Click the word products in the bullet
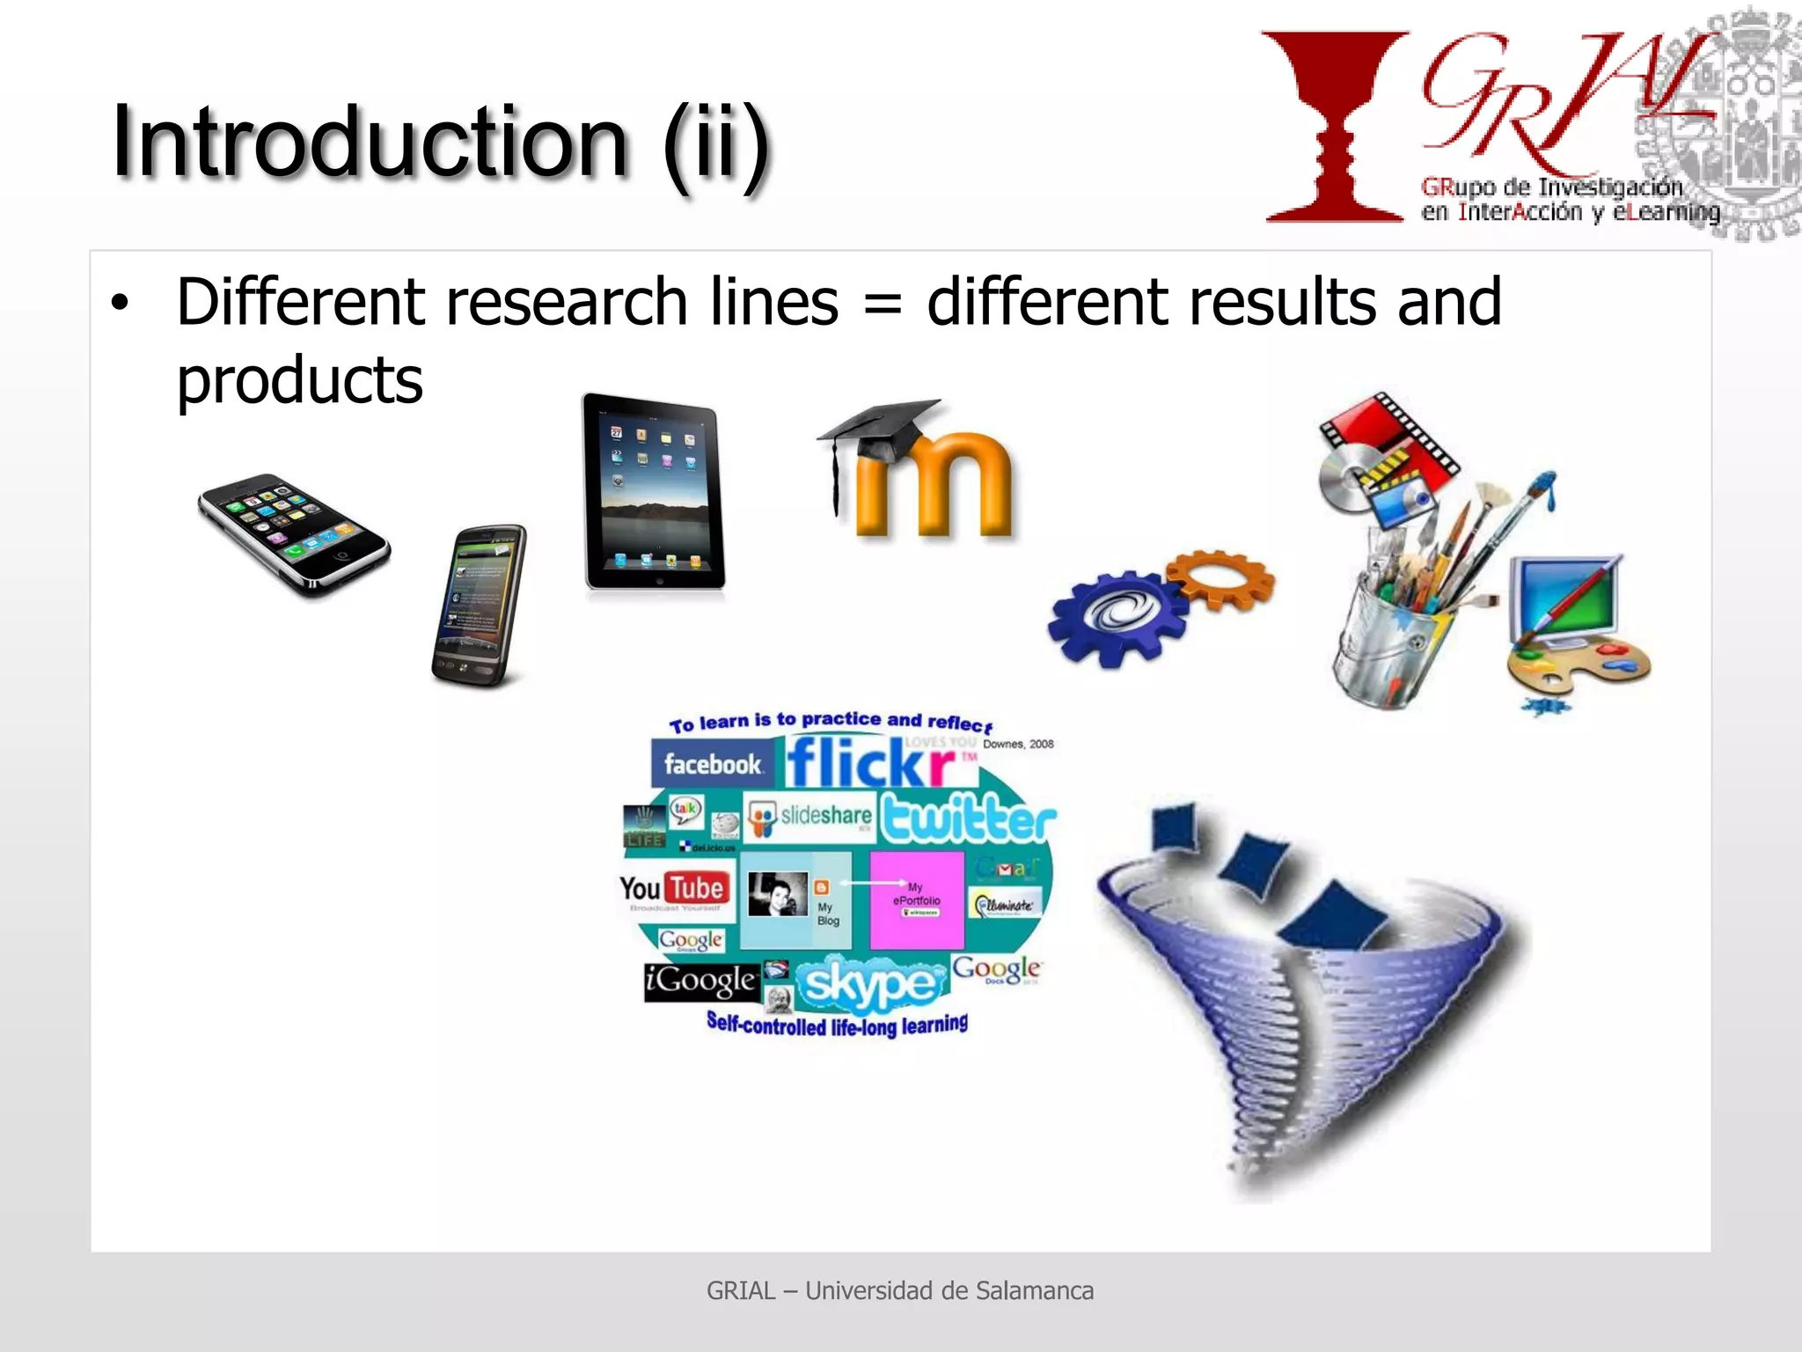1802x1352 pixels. [x=299, y=380]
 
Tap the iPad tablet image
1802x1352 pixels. [x=653, y=493]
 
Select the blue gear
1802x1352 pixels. [x=1116, y=616]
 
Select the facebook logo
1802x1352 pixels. [x=712, y=763]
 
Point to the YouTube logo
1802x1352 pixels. [x=673, y=889]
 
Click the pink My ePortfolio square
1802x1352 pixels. [x=916, y=900]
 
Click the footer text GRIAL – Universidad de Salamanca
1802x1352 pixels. [x=900, y=1290]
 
